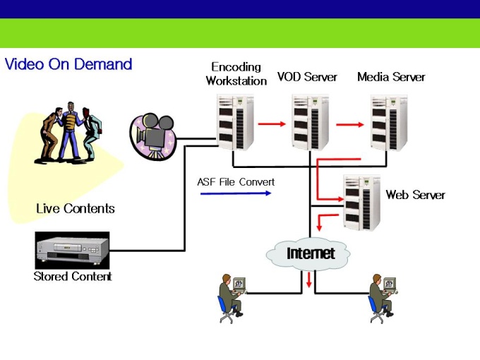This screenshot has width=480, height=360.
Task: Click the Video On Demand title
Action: (x=68, y=64)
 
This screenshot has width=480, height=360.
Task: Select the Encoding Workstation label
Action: (x=236, y=74)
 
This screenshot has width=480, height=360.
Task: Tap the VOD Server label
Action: (x=307, y=77)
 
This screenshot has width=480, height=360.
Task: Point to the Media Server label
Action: (x=391, y=77)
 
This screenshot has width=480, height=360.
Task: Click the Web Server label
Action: (x=415, y=195)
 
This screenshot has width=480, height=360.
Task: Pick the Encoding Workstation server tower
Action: (x=235, y=122)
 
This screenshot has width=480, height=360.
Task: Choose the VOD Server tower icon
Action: (x=311, y=122)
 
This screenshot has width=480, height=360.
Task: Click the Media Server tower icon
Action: (x=389, y=122)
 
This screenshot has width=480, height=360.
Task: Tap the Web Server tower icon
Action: (x=361, y=202)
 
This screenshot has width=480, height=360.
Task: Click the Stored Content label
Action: (x=73, y=277)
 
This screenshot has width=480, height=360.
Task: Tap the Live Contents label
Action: (x=76, y=209)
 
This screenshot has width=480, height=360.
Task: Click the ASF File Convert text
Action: (x=236, y=182)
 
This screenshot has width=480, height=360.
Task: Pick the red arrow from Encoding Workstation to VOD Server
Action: (x=271, y=125)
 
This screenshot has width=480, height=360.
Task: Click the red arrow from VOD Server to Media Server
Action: (x=349, y=125)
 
